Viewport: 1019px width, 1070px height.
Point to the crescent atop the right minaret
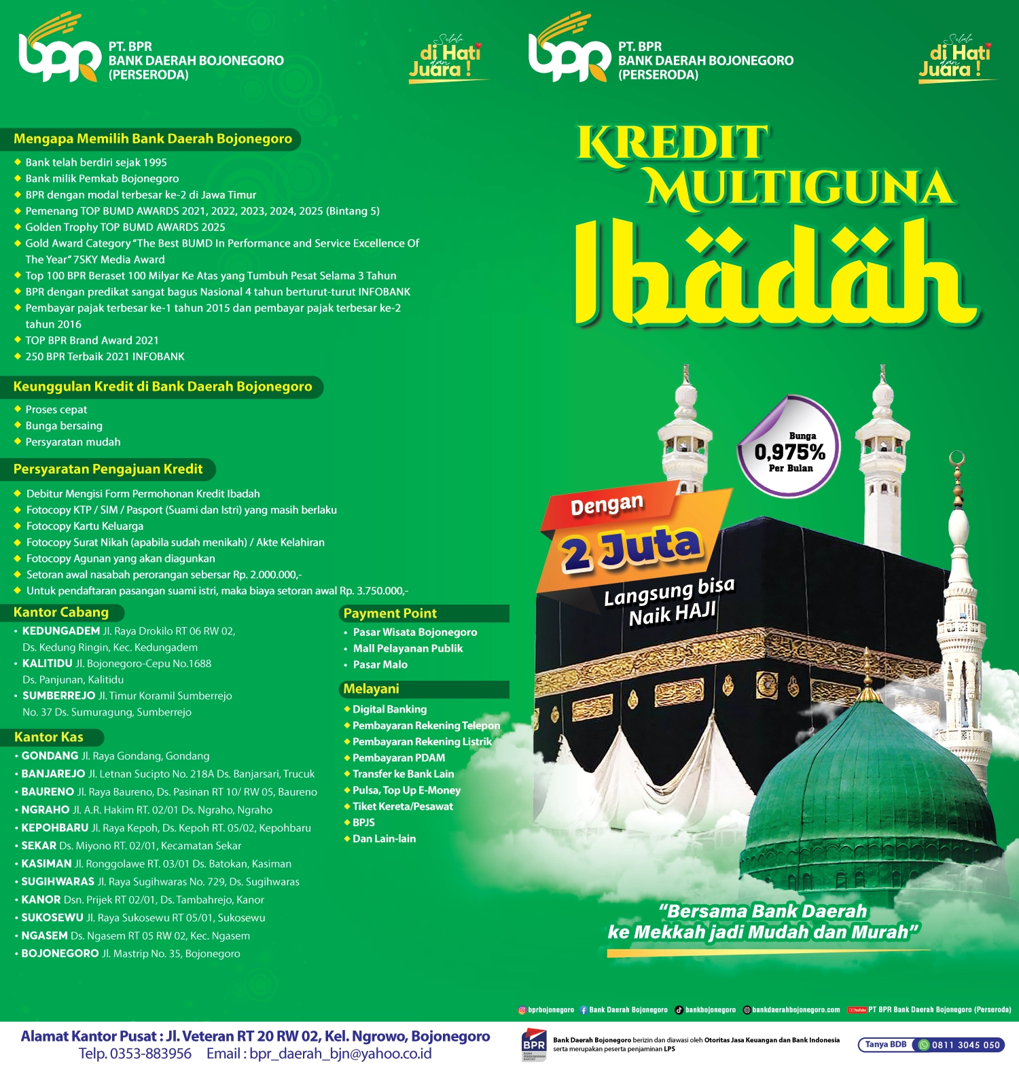coord(957,459)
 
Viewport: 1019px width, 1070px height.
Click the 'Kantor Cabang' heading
coord(61,612)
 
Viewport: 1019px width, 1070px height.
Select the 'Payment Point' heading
coord(390,613)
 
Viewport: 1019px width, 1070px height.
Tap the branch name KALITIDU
coord(48,664)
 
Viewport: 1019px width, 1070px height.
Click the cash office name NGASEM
coord(45,935)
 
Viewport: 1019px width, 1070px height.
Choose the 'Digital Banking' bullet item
coord(389,709)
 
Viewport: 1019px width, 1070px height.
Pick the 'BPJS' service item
coord(363,823)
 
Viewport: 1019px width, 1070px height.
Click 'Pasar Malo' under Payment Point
coord(380,665)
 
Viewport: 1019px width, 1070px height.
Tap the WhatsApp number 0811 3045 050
coord(965,1045)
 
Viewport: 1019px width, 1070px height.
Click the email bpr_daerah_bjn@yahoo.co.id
coord(340,1054)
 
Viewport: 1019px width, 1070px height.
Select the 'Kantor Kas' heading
coord(49,737)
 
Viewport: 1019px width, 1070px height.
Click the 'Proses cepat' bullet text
coord(56,410)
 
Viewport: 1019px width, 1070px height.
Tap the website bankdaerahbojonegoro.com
coord(795,1010)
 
